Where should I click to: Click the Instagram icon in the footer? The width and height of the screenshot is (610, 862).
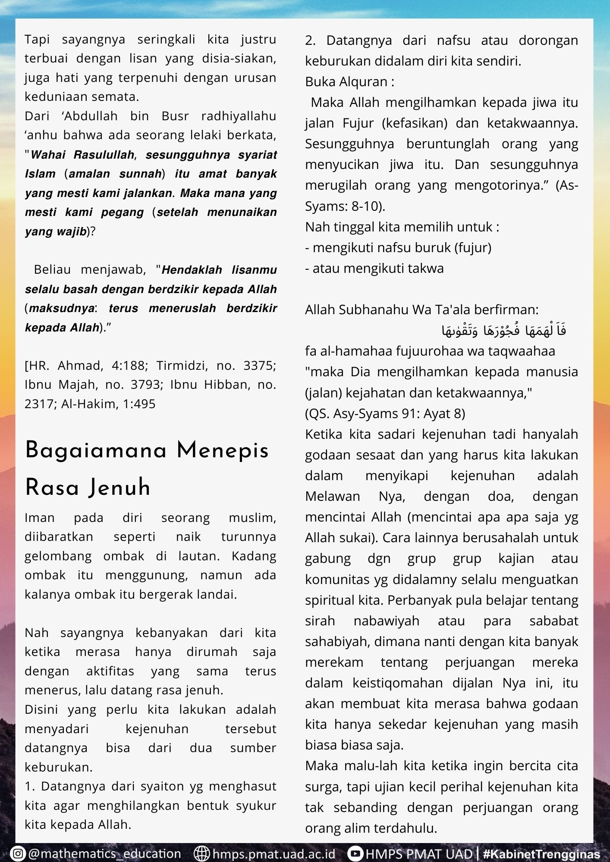18,853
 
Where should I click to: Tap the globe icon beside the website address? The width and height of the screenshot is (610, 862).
201,853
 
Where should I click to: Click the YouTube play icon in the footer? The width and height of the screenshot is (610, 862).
355,853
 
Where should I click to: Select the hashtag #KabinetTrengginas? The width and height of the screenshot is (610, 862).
542,854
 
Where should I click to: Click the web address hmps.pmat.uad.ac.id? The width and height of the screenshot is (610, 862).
274,853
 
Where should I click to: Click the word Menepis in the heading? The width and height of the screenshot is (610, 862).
223,451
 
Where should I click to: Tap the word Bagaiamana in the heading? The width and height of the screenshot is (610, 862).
96,451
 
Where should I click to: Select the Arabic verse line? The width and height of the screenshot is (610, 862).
504,330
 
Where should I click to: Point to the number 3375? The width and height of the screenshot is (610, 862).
260,365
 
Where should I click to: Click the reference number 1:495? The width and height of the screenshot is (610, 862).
139,404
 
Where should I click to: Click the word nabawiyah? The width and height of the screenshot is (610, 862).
386,621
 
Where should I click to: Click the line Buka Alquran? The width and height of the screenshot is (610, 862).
349,81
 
